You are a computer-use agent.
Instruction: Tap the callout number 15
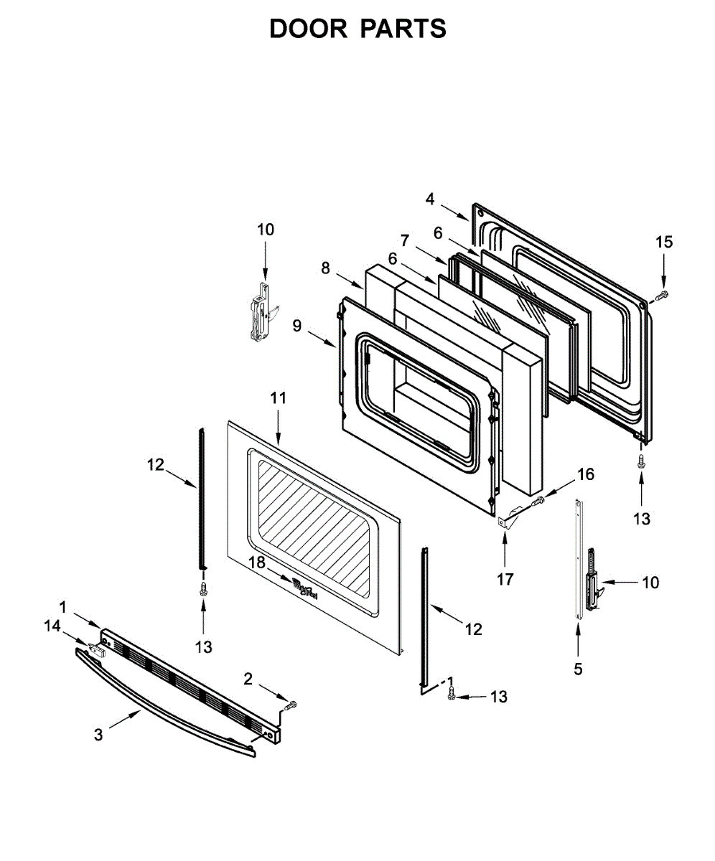(x=664, y=243)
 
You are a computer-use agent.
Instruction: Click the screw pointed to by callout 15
(x=663, y=296)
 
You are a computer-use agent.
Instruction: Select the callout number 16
(x=585, y=474)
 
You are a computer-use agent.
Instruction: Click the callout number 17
(x=505, y=580)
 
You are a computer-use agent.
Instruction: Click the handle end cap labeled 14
(x=97, y=649)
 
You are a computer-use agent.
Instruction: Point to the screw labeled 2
(x=290, y=706)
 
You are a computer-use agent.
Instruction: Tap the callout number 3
(x=98, y=735)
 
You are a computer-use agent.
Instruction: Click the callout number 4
(x=429, y=199)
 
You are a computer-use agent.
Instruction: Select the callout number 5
(x=578, y=669)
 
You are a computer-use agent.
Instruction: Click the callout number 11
(x=278, y=398)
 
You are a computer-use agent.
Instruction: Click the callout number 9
(x=297, y=325)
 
